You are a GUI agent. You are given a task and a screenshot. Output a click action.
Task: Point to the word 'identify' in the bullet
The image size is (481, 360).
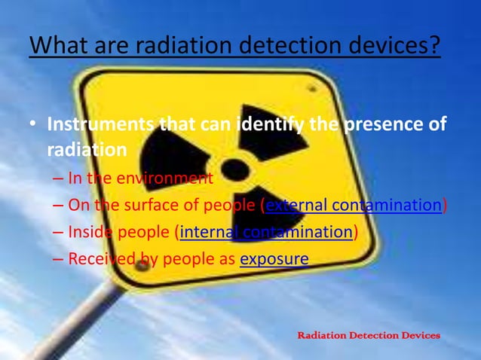click(272, 124)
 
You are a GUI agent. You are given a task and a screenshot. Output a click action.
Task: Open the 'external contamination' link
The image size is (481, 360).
click(353, 205)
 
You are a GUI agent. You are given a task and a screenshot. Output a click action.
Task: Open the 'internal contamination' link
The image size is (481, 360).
click(265, 232)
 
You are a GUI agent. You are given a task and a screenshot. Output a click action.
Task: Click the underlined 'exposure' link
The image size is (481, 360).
click(274, 259)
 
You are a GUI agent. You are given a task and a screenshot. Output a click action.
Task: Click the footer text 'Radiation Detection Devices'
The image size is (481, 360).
click(369, 334)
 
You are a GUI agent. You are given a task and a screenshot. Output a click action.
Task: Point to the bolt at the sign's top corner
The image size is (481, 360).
click(311, 89)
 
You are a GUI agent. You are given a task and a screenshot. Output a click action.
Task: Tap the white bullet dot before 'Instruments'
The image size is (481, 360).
click(35, 124)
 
